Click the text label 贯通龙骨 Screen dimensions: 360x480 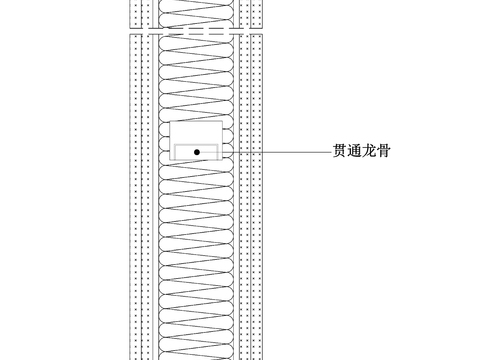click(361, 152)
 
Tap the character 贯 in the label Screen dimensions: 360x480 click(340, 152)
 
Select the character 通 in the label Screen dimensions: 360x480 click(354, 152)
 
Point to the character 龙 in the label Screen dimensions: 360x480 click(368, 152)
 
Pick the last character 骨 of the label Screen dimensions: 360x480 click(382, 152)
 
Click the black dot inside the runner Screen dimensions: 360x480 click(198, 152)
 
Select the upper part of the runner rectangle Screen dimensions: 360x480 click(198, 133)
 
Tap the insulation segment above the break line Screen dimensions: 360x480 click(198, 12)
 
